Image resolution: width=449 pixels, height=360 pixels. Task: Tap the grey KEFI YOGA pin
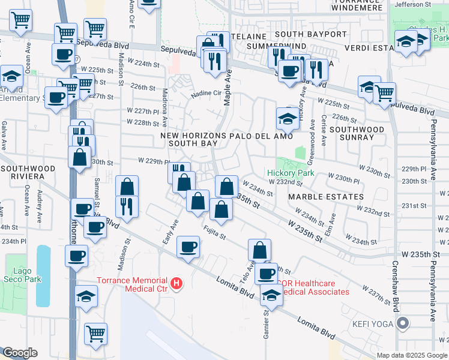[403, 324]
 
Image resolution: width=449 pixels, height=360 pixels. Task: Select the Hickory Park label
[291, 173]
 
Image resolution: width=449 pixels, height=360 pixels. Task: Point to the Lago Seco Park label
[22, 275]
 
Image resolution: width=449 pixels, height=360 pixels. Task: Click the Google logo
[20, 353]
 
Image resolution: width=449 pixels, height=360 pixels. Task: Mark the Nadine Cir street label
[206, 94]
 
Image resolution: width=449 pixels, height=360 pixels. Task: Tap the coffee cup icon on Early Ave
[188, 247]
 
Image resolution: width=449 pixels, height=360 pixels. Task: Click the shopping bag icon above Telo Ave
[259, 250]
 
